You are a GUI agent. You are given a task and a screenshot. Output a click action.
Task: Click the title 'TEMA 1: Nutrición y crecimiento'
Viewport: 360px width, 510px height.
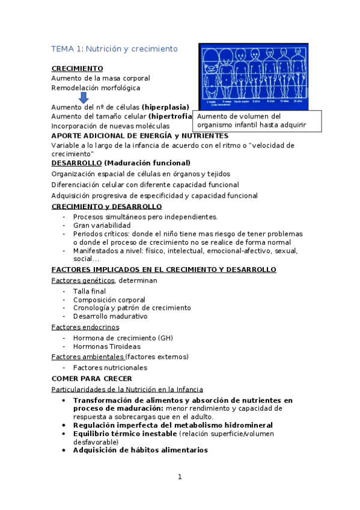click(x=114, y=48)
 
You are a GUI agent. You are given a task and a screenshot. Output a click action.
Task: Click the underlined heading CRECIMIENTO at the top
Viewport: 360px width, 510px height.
click(x=77, y=69)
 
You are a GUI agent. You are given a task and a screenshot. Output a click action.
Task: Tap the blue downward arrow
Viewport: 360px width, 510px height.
click(x=84, y=97)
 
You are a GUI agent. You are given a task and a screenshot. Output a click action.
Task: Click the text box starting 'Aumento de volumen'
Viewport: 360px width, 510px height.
click(x=257, y=121)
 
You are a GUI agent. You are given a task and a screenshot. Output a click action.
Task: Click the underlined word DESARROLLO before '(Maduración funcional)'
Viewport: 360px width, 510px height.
click(x=76, y=163)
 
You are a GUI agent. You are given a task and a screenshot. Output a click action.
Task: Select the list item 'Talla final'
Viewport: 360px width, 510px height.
click(x=90, y=291)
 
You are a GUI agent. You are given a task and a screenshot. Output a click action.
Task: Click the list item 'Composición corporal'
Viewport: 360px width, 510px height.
click(x=109, y=300)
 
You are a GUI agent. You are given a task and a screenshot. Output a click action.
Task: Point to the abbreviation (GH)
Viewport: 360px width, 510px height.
click(x=165, y=338)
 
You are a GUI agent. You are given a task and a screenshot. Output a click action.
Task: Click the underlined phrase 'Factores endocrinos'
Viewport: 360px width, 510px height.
click(x=85, y=327)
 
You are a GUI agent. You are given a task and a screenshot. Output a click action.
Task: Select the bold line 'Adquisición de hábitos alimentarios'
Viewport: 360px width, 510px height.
click(x=140, y=450)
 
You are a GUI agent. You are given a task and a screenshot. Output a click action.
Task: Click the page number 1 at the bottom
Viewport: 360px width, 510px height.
click(x=179, y=477)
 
